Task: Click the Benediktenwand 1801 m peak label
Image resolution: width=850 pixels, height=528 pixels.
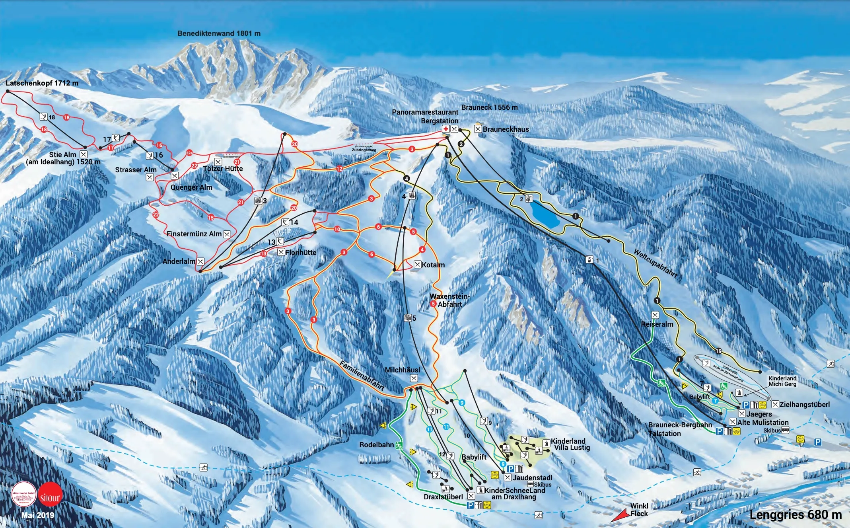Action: tap(219, 33)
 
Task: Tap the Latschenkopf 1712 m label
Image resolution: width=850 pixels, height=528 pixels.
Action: tap(42, 83)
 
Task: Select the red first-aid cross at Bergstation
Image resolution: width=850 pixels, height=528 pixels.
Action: tap(446, 129)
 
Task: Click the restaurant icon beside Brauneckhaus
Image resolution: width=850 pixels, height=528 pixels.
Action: tap(478, 129)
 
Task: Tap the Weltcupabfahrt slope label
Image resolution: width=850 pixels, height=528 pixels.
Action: tap(655, 263)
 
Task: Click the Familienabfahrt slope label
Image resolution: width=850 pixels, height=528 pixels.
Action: tap(362, 375)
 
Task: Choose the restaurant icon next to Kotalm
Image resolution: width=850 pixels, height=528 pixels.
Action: tap(417, 265)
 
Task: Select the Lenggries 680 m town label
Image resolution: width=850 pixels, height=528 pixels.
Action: tap(796, 514)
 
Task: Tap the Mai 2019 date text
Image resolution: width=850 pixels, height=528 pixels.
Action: tap(37, 515)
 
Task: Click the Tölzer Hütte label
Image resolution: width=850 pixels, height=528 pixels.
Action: tap(223, 169)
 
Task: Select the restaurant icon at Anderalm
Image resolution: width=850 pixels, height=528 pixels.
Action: tap(201, 261)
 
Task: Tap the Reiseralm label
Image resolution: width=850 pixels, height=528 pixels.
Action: tap(657, 324)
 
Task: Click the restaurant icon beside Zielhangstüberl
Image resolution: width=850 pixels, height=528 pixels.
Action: tap(775, 405)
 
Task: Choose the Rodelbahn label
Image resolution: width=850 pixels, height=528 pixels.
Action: tap(376, 445)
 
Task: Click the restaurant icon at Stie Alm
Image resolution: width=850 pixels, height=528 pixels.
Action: tap(84, 154)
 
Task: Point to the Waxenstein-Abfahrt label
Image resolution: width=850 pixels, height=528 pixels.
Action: tap(449, 300)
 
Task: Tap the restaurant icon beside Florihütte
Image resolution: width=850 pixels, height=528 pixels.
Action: tap(281, 252)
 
